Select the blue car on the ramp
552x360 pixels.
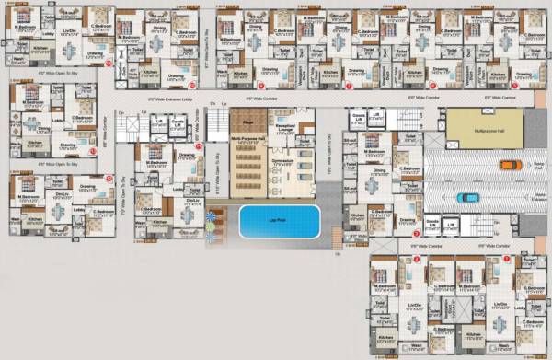click(x=467, y=196)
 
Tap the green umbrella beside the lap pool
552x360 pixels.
click(x=213, y=218)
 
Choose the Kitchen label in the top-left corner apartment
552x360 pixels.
click(x=40, y=46)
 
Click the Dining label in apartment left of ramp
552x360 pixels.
click(x=380, y=170)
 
